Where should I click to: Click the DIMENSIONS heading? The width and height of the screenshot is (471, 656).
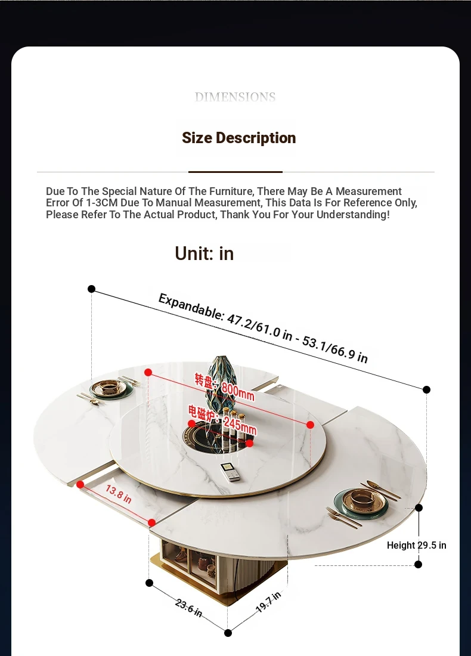[235, 97]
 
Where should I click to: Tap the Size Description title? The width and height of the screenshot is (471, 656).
[239, 138]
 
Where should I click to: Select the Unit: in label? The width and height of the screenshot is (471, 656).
[204, 253]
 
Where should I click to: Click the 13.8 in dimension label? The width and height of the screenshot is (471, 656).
[119, 494]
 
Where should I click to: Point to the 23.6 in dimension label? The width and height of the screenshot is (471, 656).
[188, 608]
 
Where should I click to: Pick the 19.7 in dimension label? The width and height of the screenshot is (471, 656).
[268, 602]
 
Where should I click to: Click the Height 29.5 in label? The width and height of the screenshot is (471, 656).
[416, 545]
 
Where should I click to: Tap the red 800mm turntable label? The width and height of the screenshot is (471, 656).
[224, 386]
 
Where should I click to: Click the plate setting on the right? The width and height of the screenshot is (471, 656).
[362, 502]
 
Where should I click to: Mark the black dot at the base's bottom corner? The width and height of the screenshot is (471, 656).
[228, 633]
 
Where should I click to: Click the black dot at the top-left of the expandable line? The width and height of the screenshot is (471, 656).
[92, 289]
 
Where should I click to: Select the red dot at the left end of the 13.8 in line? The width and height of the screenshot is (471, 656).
[80, 484]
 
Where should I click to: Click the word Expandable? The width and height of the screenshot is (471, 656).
[191, 307]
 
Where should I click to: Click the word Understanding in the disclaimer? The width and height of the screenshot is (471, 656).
[352, 215]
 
